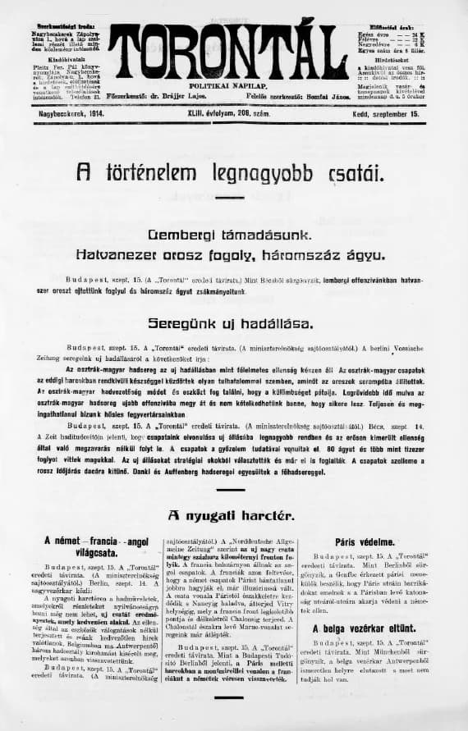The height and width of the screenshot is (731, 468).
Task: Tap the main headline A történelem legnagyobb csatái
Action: tap(229, 171)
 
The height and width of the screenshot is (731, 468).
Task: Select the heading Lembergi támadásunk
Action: tap(230, 235)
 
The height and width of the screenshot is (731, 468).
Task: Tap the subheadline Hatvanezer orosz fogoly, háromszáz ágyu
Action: tap(230, 255)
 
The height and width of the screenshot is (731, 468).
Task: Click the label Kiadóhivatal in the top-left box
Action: tap(59, 59)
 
